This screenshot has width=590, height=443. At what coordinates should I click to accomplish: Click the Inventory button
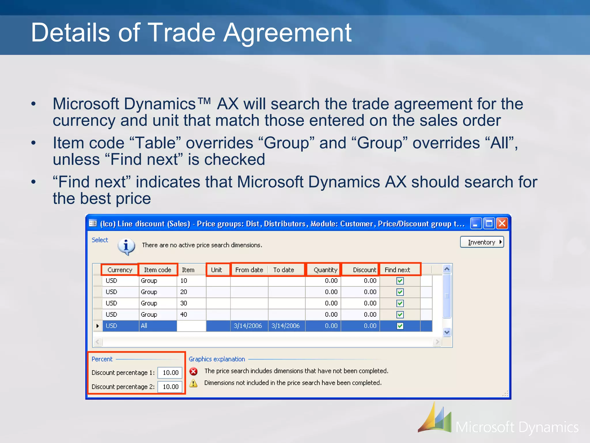pos(482,242)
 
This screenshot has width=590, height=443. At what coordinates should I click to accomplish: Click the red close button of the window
pos(502,224)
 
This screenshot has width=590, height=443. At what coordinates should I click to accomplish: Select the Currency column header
pos(120,270)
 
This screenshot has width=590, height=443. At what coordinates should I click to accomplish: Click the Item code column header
pos(158,270)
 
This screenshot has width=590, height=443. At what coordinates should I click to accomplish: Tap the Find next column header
pos(397,270)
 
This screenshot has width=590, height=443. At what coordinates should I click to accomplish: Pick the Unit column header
pos(216,270)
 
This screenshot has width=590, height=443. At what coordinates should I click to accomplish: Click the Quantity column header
pos(325,270)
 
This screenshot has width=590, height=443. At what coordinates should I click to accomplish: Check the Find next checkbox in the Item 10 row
pos(400,281)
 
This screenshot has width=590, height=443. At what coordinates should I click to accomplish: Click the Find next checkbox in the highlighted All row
pos(400,326)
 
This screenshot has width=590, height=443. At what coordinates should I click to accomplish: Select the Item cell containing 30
pos(184,303)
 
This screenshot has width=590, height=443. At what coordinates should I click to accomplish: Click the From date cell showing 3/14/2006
pos(248,326)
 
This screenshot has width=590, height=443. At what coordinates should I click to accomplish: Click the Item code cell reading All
pos(144,326)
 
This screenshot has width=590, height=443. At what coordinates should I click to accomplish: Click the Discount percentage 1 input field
pos(170,373)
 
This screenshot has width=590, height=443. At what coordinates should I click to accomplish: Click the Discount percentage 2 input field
pos(170,387)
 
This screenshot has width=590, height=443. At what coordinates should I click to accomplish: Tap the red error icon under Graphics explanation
pos(194,371)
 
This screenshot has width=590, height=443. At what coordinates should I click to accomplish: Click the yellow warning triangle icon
pos(193,383)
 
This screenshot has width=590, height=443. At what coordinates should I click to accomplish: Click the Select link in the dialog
pos(100,240)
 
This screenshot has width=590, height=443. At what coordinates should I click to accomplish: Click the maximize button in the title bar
pos(489,224)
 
